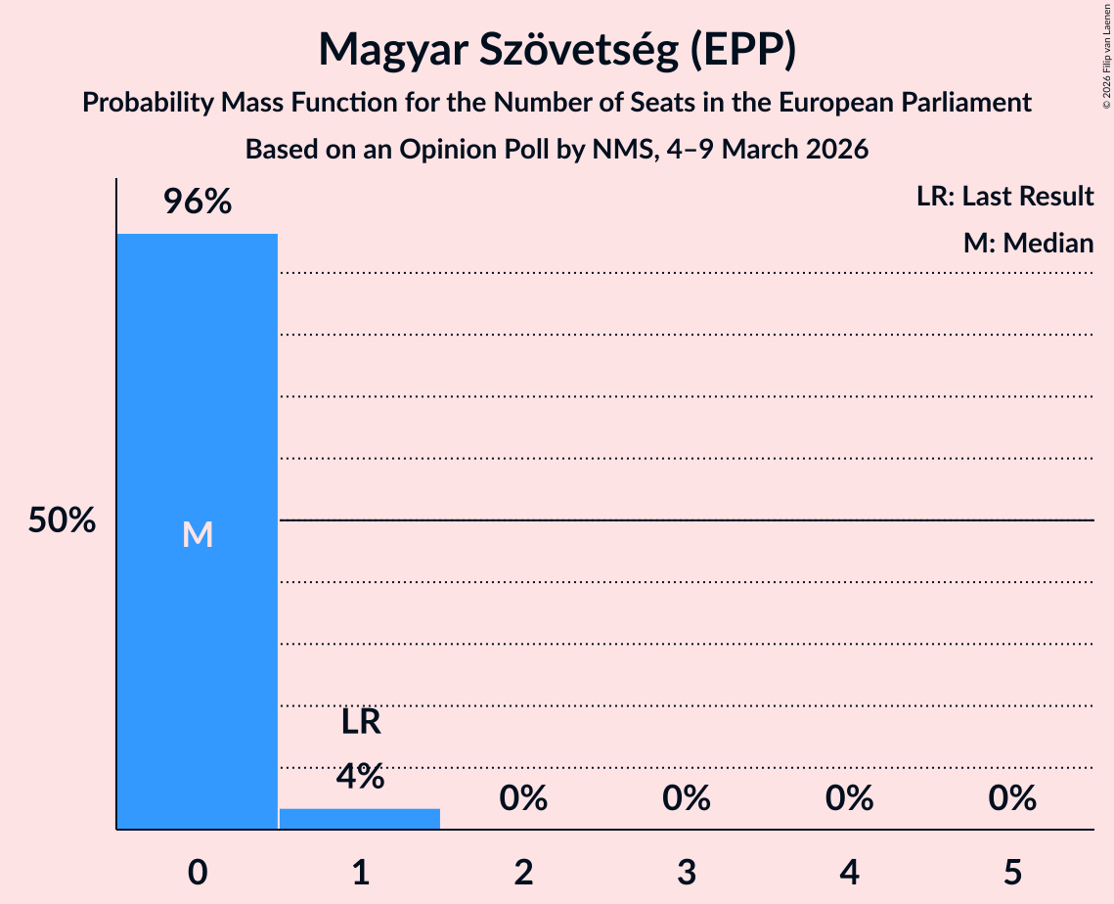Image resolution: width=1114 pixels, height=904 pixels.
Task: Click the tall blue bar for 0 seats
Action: (197, 391)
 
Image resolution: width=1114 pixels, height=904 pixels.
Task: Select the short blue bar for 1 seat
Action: (360, 819)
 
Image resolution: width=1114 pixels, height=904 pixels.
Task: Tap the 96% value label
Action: (197, 203)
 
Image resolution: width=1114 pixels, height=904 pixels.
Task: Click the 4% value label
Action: (360, 776)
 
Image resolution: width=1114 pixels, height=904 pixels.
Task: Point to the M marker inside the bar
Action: (197, 534)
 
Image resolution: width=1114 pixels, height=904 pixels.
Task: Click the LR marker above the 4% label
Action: (360, 722)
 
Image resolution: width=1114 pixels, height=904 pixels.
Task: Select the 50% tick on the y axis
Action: (62, 520)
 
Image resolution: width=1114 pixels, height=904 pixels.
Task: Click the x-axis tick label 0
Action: (197, 872)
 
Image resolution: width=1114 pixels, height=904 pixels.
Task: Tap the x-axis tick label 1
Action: (360, 872)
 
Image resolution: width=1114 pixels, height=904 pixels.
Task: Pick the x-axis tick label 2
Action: (523, 872)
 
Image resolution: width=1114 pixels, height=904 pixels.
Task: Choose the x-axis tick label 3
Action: (686, 872)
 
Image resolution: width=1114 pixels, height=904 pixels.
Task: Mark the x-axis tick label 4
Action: (849, 872)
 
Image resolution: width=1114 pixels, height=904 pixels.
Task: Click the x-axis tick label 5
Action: (1012, 872)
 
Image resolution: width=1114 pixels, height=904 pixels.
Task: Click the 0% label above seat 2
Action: (523, 799)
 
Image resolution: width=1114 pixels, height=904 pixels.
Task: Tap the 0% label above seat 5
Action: (1012, 799)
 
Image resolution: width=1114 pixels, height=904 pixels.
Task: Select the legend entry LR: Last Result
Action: (1004, 197)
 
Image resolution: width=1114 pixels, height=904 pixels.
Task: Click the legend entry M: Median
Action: (1028, 243)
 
